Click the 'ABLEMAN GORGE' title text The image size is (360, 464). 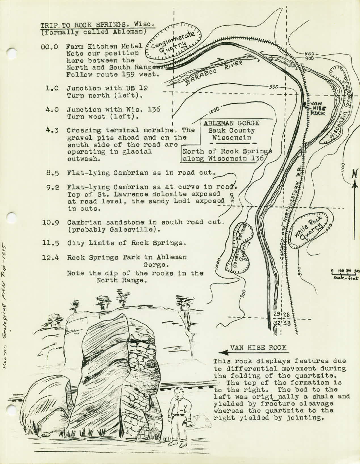(x=231, y=123)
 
